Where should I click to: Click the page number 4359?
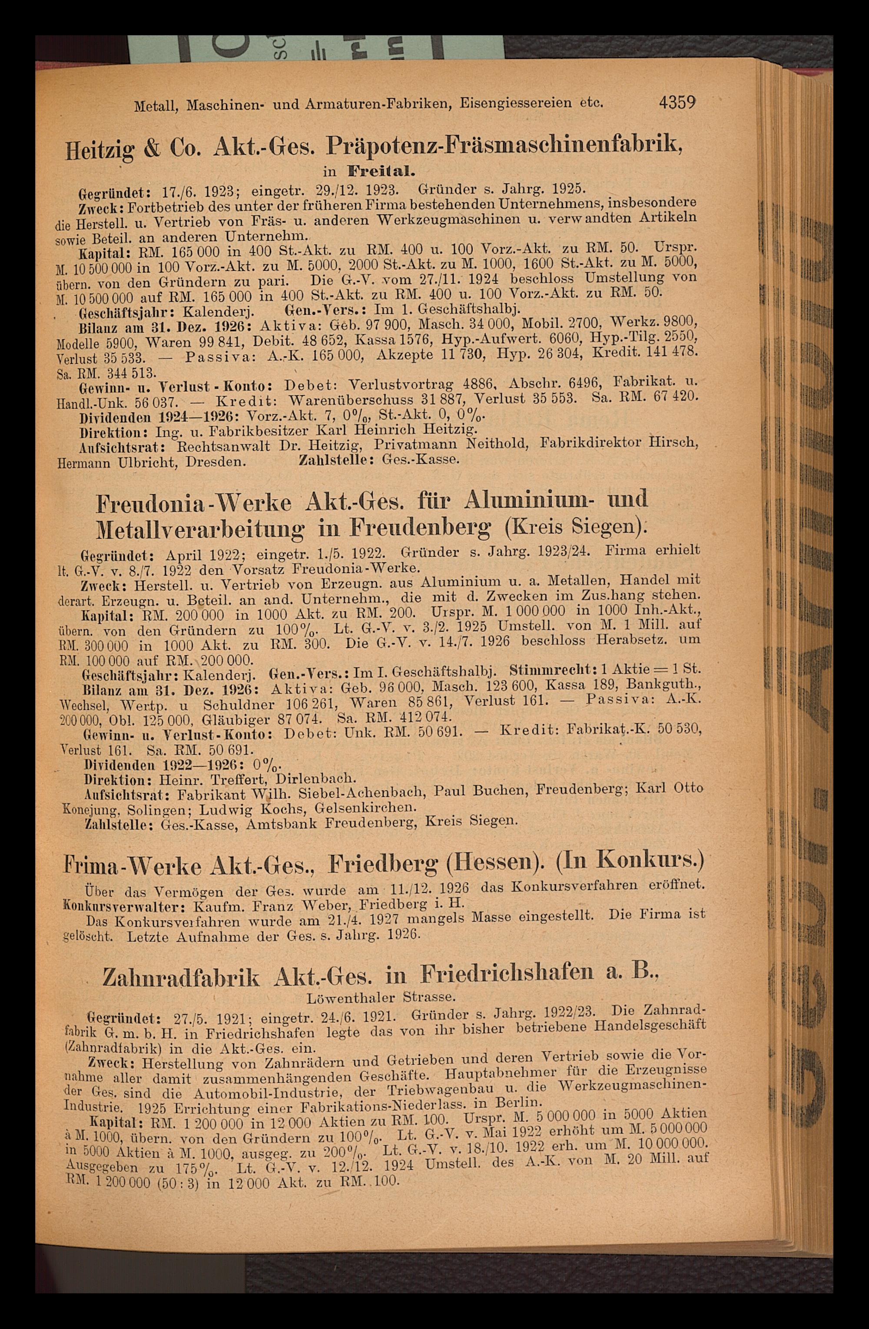click(677, 103)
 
